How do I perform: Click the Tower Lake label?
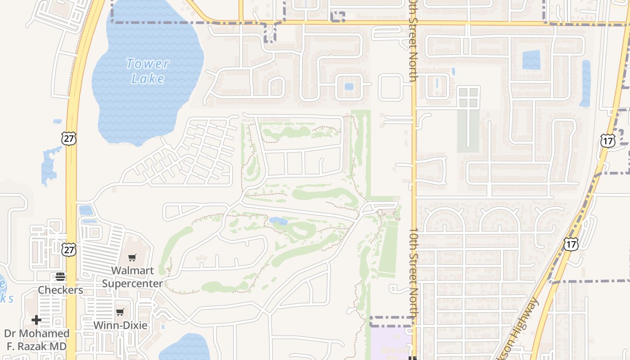[148, 71]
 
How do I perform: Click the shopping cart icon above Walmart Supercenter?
[132, 258]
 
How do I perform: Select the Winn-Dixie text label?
[120, 325]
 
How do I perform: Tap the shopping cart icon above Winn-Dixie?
[120, 312]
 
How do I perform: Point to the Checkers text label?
[60, 290]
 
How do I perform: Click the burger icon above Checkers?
[60, 277]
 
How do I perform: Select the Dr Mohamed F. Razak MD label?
[36, 340]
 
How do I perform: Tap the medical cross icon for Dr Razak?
[36, 320]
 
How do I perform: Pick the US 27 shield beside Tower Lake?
[69, 138]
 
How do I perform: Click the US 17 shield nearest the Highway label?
[571, 244]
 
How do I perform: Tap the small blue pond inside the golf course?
[278, 221]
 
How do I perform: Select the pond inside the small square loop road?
[349, 86]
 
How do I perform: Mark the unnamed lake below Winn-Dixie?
[184, 349]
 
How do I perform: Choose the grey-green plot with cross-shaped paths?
[468, 119]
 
